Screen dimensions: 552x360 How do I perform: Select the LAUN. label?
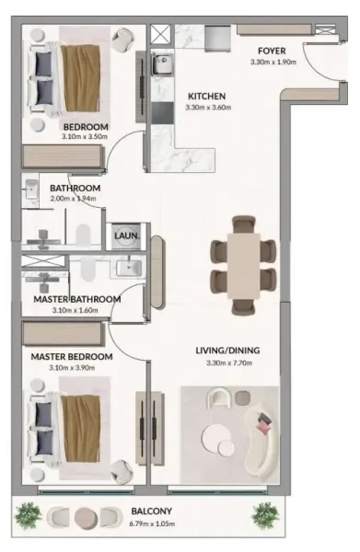point(126,236)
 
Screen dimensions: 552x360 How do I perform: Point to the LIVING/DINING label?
point(227,350)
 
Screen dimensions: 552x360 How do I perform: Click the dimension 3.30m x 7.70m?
point(227,362)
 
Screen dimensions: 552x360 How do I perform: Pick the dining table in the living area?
point(244,262)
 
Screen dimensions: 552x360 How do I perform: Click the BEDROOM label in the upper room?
point(86,127)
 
